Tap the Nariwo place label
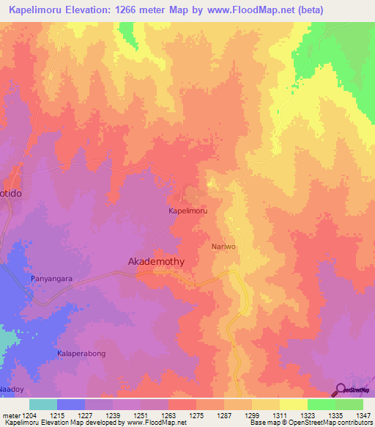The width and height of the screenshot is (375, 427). point(224,247)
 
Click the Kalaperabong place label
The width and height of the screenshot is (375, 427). point(82,354)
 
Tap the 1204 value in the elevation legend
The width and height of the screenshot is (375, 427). point(27,416)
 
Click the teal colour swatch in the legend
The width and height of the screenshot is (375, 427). point(43,404)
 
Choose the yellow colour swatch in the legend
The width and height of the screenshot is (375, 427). point(293,404)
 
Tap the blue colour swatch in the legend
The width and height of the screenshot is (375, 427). point(71,404)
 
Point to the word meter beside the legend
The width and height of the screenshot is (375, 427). point(10,416)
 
